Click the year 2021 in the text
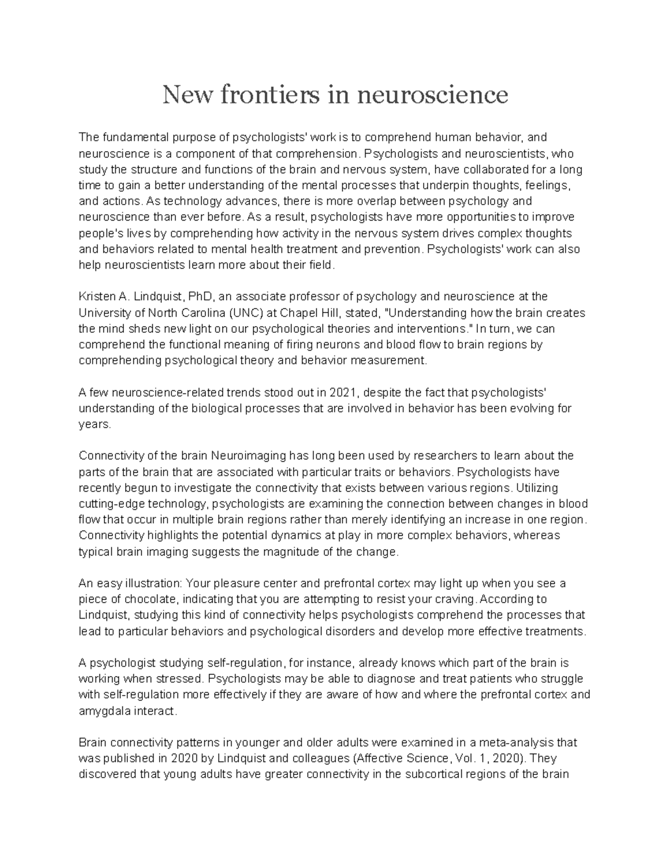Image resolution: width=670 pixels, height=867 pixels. tap(341, 392)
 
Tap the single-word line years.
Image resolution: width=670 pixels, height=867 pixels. tap(95, 424)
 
